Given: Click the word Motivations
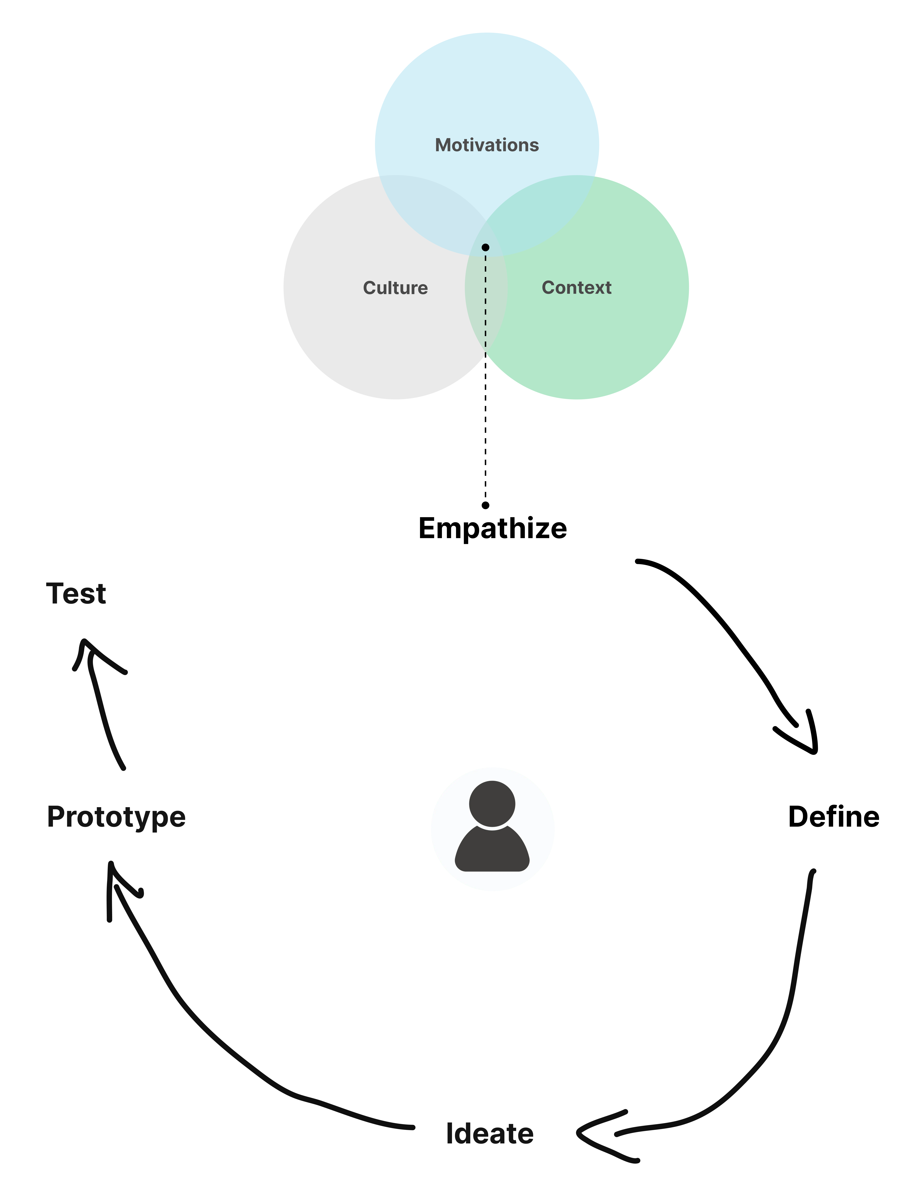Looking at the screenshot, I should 486,145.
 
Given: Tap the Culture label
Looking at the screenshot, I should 396,288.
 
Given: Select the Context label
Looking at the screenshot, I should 576,288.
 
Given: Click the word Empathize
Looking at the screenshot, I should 492,528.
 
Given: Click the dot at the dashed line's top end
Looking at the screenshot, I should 485,247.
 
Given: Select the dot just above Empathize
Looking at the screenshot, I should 485,505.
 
